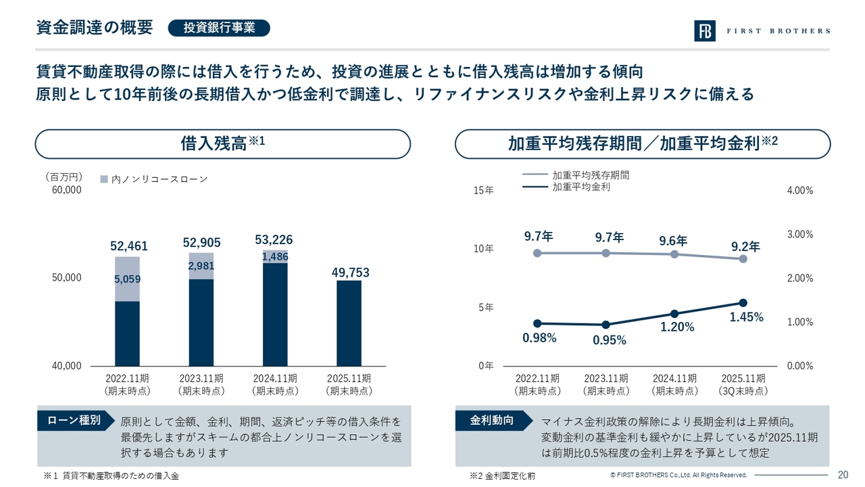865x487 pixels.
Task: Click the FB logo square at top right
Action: (704, 31)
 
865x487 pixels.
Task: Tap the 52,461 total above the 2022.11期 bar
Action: (128, 246)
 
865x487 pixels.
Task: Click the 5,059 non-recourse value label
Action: (127, 279)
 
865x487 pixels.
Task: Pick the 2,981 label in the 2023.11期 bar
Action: (201, 266)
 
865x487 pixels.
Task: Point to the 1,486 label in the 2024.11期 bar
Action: (275, 257)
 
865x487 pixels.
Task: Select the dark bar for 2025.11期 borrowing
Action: (349, 323)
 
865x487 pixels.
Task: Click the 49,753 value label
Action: (350, 273)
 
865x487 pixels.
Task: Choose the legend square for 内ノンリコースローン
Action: (103, 179)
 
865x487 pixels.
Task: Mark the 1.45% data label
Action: (747, 317)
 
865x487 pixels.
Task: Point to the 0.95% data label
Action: (610, 340)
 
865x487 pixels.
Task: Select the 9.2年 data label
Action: (745, 246)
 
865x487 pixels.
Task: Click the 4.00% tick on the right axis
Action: (800, 191)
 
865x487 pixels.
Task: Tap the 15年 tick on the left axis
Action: (484, 191)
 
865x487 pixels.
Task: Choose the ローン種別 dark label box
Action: (74, 420)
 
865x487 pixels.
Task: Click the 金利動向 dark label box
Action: (492, 420)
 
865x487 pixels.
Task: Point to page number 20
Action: (843, 474)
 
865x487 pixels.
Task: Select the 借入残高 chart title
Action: (222, 143)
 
